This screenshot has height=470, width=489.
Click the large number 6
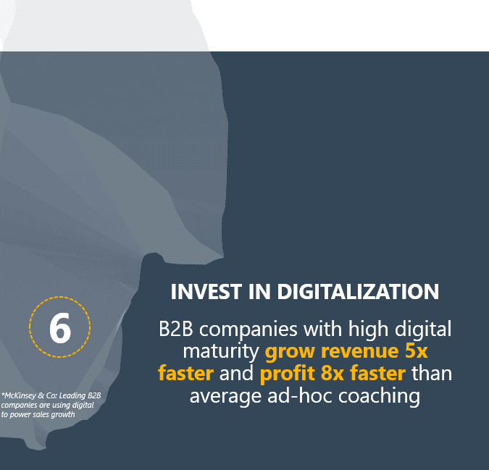click(x=60, y=327)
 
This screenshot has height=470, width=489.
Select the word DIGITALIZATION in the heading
click(x=358, y=292)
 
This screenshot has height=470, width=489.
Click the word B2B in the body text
click(x=176, y=329)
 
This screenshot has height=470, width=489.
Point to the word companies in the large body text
click(x=248, y=330)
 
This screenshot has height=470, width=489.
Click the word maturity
click(x=221, y=352)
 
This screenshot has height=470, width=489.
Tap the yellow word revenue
click(x=360, y=351)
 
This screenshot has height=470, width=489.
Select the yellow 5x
click(x=416, y=351)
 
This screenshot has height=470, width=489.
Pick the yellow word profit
click(x=287, y=374)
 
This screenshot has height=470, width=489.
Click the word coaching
click(x=379, y=397)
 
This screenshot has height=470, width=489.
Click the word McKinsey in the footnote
click(x=20, y=395)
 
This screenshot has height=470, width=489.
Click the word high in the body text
click(x=368, y=330)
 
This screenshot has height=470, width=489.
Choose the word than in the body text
click(x=432, y=374)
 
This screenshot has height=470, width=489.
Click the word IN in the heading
click(x=259, y=292)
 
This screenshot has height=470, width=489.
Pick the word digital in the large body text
click(x=423, y=330)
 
